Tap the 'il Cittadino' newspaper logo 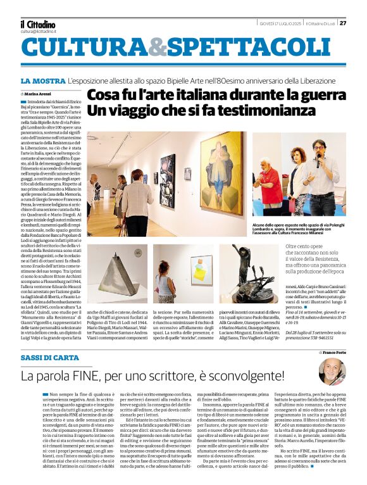click(37, 23)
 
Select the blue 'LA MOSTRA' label click(42, 82)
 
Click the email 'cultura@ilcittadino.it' click(38, 31)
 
